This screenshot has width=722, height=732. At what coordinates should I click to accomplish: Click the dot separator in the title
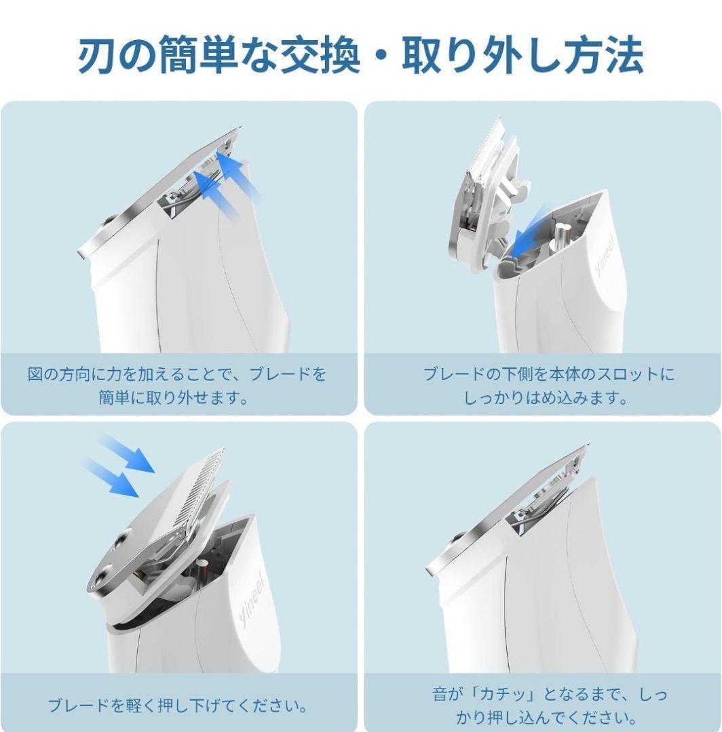click(x=381, y=56)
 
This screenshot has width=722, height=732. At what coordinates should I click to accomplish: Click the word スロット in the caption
click(x=624, y=374)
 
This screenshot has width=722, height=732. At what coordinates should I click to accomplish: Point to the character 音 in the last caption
click(x=441, y=694)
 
